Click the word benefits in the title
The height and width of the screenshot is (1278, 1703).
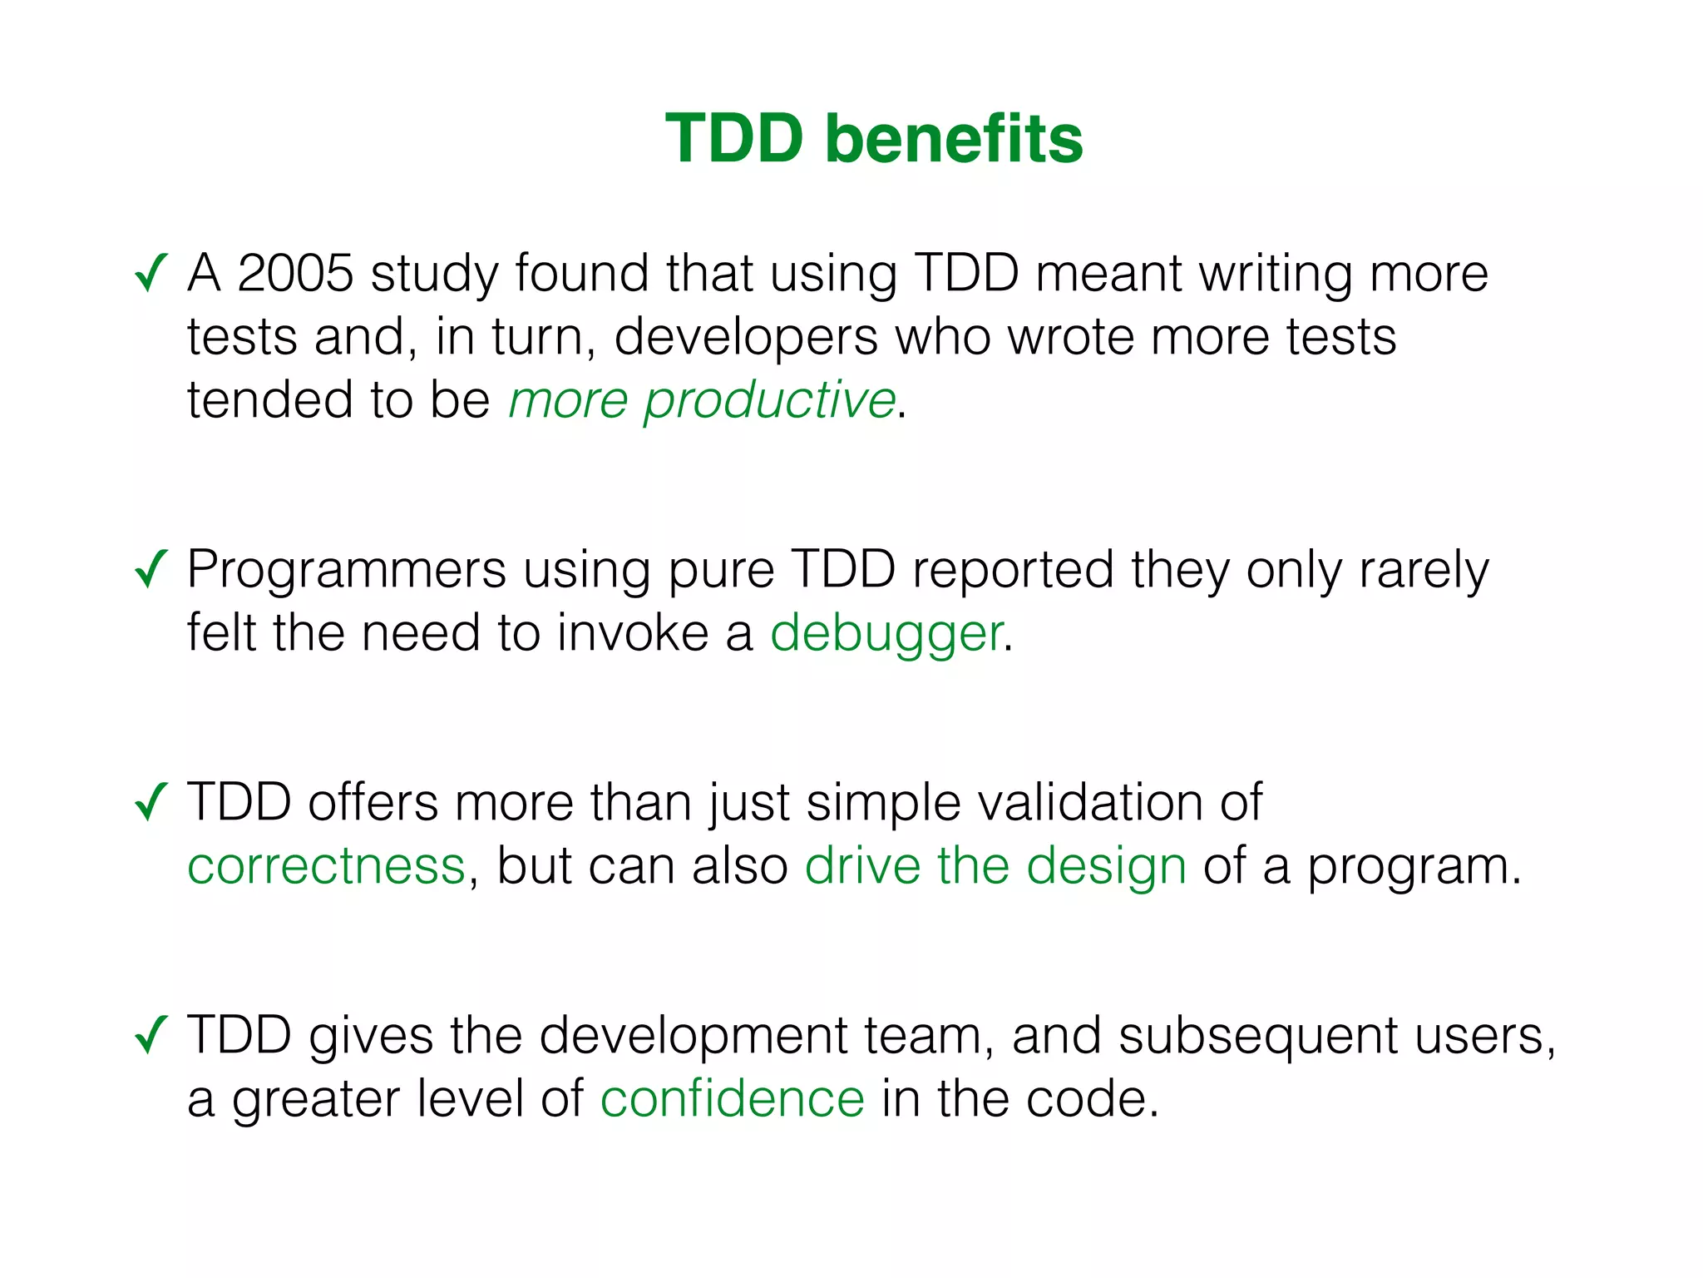point(954,138)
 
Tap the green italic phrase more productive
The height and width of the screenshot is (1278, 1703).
point(701,400)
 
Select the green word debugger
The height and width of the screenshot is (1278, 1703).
point(886,633)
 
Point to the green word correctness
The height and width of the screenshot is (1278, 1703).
point(326,866)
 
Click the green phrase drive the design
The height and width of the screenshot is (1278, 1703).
point(995,866)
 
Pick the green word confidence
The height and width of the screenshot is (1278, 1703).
point(732,1099)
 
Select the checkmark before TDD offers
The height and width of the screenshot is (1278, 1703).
point(151,802)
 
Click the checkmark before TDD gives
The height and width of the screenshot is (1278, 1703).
point(151,1035)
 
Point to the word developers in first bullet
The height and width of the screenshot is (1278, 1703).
point(746,338)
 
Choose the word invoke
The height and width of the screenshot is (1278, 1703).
point(632,633)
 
